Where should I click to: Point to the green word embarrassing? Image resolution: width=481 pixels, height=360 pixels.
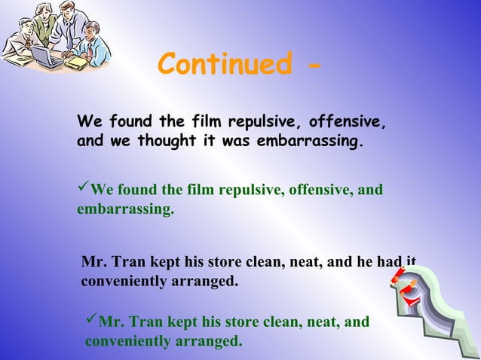click(124, 209)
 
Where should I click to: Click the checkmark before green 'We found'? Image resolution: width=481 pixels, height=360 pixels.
click(83, 188)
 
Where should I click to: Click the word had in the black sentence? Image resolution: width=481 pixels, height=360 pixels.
click(391, 263)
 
